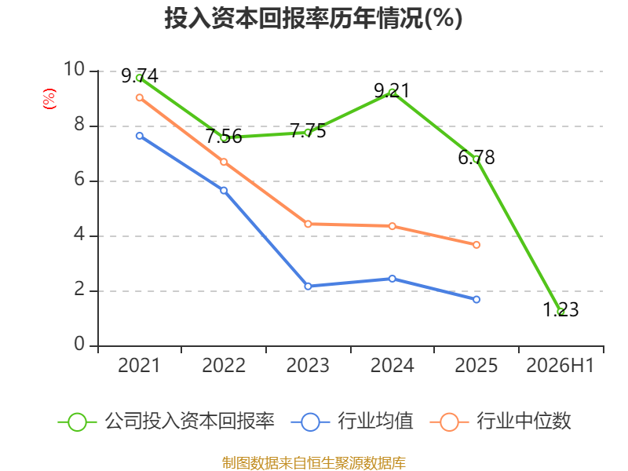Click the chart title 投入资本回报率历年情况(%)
pyautogui.click(x=313, y=18)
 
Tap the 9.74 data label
pyautogui.click(x=140, y=75)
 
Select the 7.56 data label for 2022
pyautogui.click(x=224, y=137)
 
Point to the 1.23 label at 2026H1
pyautogui.click(x=560, y=309)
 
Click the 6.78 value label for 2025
pyautogui.click(x=476, y=158)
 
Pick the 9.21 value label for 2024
pyautogui.click(x=392, y=90)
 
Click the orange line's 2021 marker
pyautogui.click(x=140, y=97)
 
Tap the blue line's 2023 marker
pyautogui.click(x=308, y=287)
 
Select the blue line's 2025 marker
pyautogui.click(x=476, y=300)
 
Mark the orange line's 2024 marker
pyautogui.click(x=392, y=226)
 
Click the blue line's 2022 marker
pyautogui.click(x=224, y=191)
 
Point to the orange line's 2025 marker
pyautogui.click(x=476, y=245)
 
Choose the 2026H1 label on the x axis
pyautogui.click(x=560, y=365)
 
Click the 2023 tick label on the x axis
pyautogui.click(x=308, y=365)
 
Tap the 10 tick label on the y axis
pyautogui.click(x=75, y=69)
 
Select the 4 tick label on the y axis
pyautogui.click(x=79, y=234)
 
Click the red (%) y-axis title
pyautogui.click(x=49, y=99)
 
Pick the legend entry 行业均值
pyautogui.click(x=352, y=422)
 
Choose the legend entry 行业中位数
pyautogui.click(x=501, y=422)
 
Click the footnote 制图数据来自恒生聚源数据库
pyautogui.click(x=314, y=463)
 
